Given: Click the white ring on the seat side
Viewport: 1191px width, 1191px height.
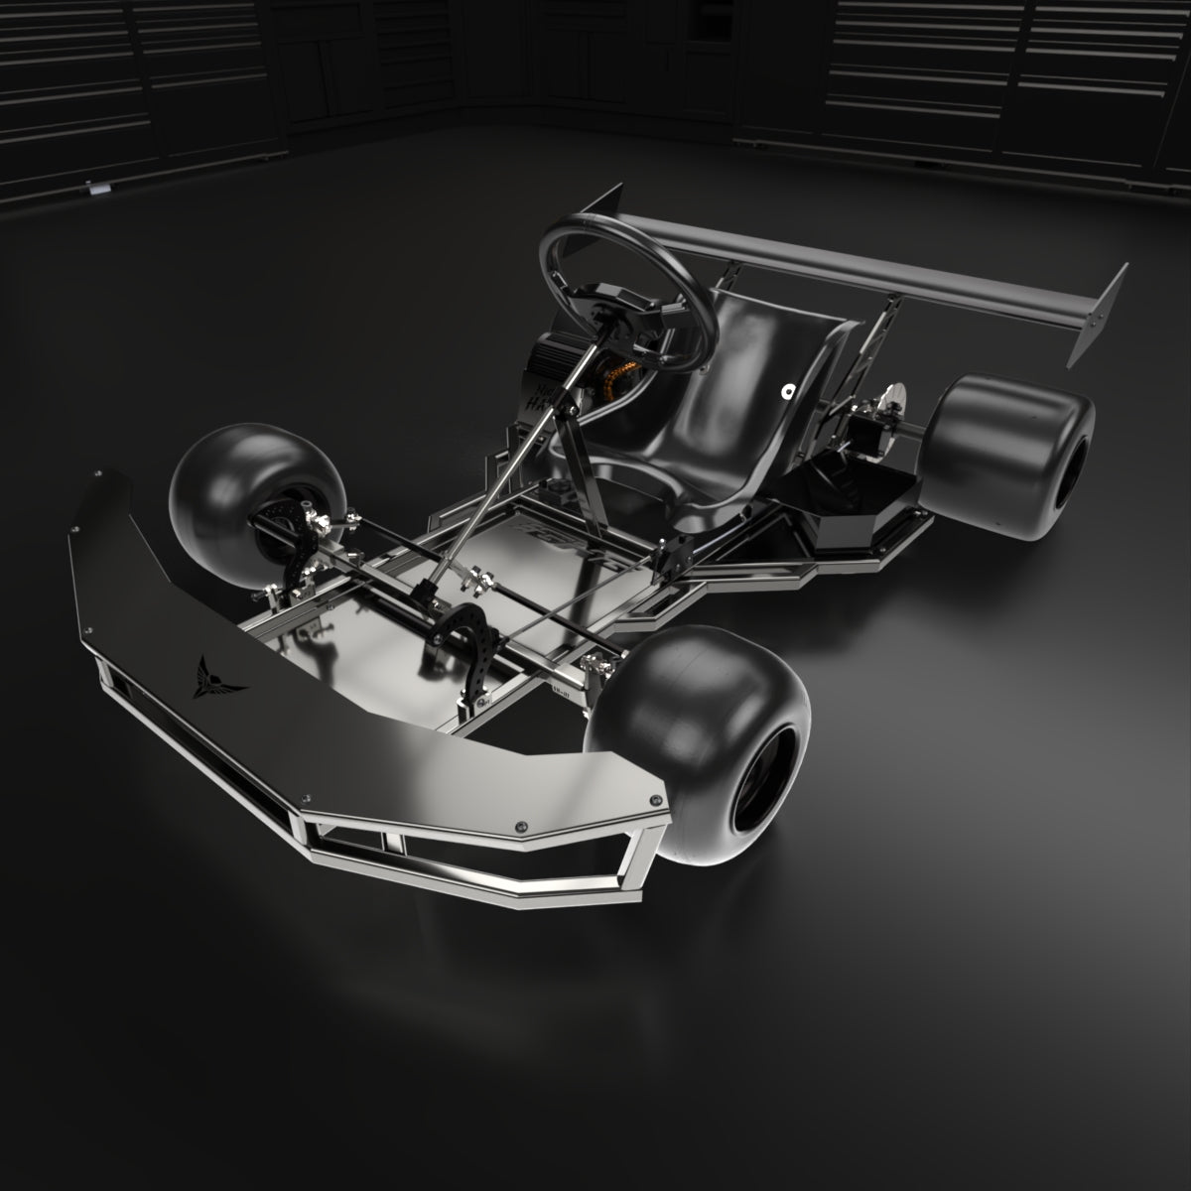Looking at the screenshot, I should [x=787, y=391].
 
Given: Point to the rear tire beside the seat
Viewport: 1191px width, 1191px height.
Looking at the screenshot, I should [x=1012, y=457].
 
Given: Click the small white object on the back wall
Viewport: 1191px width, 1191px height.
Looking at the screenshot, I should [x=96, y=187].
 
